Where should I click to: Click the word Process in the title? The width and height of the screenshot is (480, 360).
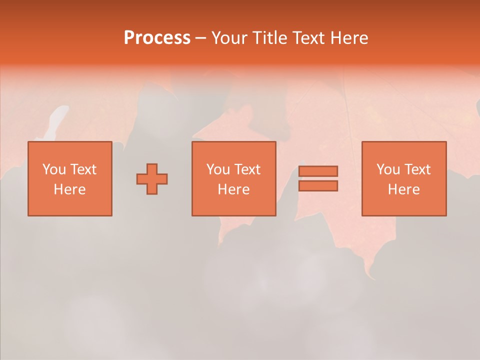(x=157, y=38)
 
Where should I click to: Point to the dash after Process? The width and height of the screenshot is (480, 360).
(x=200, y=38)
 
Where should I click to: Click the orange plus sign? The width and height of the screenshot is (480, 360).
(x=152, y=179)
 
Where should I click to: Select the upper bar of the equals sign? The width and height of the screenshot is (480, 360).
(x=318, y=171)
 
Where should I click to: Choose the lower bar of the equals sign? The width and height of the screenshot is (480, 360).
(x=318, y=186)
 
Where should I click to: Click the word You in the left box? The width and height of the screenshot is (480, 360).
(x=54, y=169)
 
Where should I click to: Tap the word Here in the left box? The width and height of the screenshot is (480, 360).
(x=69, y=189)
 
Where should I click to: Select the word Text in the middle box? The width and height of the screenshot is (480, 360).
(x=247, y=169)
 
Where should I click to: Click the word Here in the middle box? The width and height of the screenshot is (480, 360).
(x=233, y=189)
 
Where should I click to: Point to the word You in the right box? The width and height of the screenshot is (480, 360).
(x=388, y=169)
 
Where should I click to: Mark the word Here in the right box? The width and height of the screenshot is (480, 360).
(x=403, y=189)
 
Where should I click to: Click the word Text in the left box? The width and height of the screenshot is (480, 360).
(x=83, y=169)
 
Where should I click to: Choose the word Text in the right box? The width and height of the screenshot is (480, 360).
(x=417, y=169)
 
